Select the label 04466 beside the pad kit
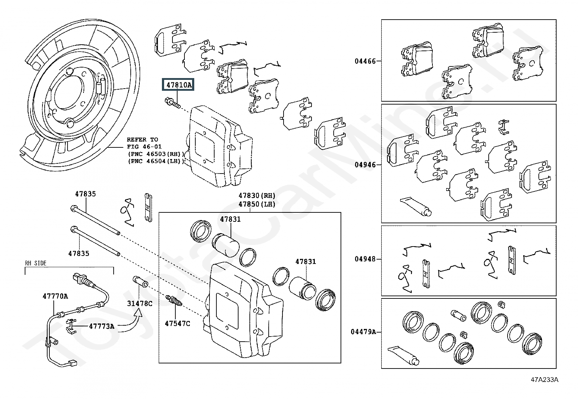click(365, 61)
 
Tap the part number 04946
click(365, 165)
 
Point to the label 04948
click(365, 259)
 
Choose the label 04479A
click(363, 331)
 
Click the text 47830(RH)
click(257, 196)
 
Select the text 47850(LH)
click(257, 204)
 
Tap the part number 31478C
click(139, 304)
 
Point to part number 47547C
click(178, 323)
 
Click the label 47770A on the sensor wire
click(55, 296)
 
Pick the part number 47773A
click(102, 326)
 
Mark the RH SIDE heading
click(36, 263)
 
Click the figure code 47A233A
click(545, 380)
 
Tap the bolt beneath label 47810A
click(172, 103)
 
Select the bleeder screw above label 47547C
click(174, 301)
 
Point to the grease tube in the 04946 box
click(416, 207)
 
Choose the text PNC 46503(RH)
click(156, 154)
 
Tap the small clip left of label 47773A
click(70, 326)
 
